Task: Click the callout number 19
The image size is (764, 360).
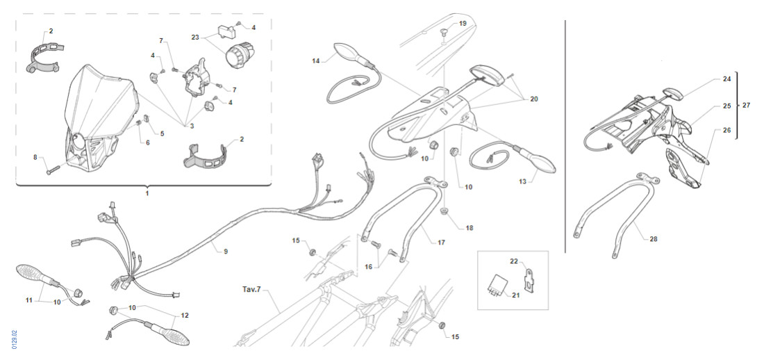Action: click(x=463, y=24)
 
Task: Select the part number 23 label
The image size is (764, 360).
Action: click(x=195, y=38)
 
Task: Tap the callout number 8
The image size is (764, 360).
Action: click(x=35, y=158)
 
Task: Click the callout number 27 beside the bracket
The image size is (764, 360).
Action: click(x=746, y=106)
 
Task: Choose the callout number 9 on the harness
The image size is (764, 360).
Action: click(x=225, y=251)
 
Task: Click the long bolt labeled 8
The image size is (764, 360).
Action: click(x=59, y=167)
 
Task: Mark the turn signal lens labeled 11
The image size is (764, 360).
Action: click(x=31, y=272)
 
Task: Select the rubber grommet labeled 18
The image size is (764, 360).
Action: click(x=445, y=211)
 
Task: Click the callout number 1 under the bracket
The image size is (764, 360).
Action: click(x=147, y=194)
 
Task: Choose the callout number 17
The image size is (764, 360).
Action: click(x=441, y=243)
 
